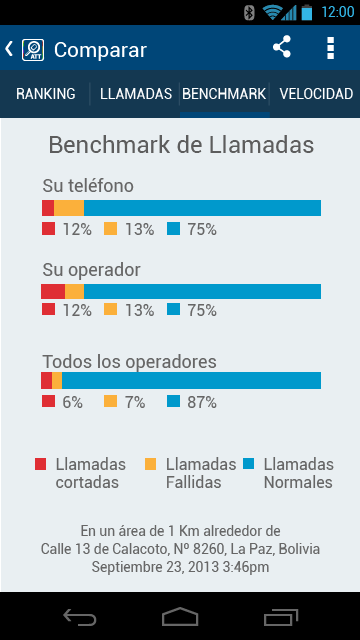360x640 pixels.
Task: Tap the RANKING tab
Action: click(x=46, y=94)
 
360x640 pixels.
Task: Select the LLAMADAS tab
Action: click(x=136, y=94)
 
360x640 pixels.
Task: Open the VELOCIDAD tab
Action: click(x=316, y=94)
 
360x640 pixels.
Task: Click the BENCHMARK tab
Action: click(x=224, y=94)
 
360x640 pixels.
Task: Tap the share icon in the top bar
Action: click(x=282, y=47)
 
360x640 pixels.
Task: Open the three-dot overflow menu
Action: click(x=331, y=48)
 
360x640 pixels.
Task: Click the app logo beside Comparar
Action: click(x=33, y=50)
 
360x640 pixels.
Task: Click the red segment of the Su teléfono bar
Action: click(x=48, y=208)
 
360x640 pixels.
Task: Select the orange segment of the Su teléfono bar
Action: click(x=69, y=208)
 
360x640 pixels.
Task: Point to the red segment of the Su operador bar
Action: click(x=53, y=291)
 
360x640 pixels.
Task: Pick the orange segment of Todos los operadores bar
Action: click(x=57, y=380)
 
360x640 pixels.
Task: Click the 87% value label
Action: click(x=202, y=403)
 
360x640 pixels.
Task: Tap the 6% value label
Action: click(x=72, y=403)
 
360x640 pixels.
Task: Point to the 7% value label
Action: click(x=135, y=403)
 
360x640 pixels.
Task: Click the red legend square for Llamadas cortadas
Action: click(x=40, y=464)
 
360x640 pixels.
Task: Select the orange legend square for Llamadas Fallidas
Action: click(x=151, y=464)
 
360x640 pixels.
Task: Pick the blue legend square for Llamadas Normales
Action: click(x=249, y=464)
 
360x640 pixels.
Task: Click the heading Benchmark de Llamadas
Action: click(x=181, y=145)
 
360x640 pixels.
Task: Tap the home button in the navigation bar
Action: click(x=180, y=616)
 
